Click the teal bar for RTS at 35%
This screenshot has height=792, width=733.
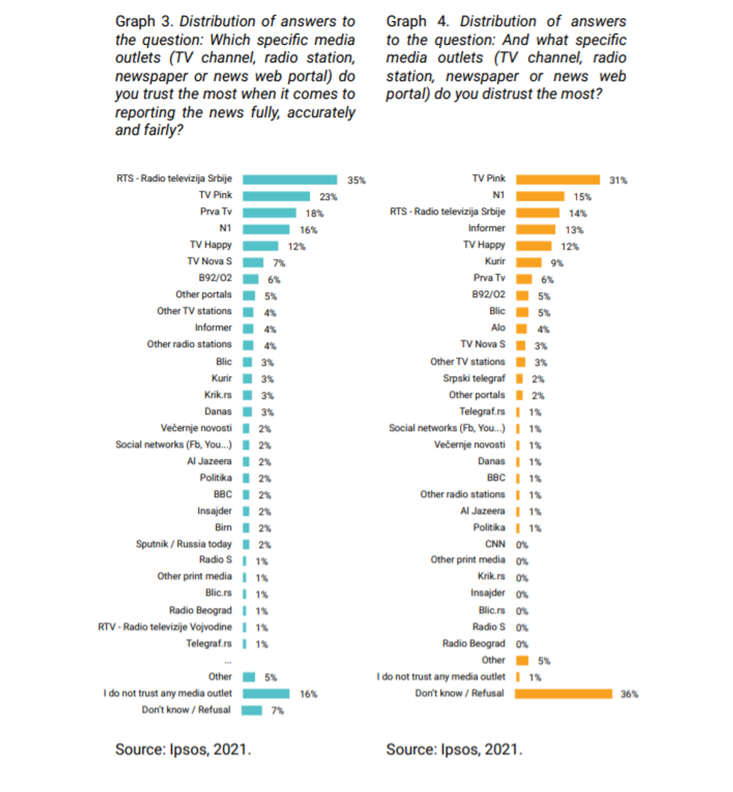pyautogui.click(x=289, y=179)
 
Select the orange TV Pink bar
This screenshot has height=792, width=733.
pyautogui.click(x=557, y=179)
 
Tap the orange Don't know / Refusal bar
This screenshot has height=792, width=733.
pyautogui.click(x=563, y=693)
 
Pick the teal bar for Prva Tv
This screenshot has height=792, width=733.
pyautogui.click(x=269, y=212)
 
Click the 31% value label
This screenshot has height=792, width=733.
pyautogui.click(x=618, y=180)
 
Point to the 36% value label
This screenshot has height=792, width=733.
pyautogui.click(x=629, y=694)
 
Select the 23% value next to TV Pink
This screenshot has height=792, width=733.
pyautogui.click(x=328, y=197)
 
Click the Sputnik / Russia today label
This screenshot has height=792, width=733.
pyautogui.click(x=184, y=544)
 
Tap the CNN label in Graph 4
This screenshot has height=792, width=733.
pyautogui.click(x=495, y=544)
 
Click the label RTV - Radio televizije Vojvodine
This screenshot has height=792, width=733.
pyautogui.click(x=165, y=627)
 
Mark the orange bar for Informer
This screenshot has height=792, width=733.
pyautogui.click(x=536, y=229)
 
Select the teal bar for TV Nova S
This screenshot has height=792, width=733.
pyautogui.click(x=253, y=262)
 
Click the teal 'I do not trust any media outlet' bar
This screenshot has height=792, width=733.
pyautogui.click(x=266, y=693)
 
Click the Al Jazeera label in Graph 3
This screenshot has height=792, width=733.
pyautogui.click(x=209, y=461)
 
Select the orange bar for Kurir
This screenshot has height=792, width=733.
pyautogui.click(x=529, y=262)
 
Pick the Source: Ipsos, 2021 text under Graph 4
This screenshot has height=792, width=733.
pyautogui.click(x=454, y=749)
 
